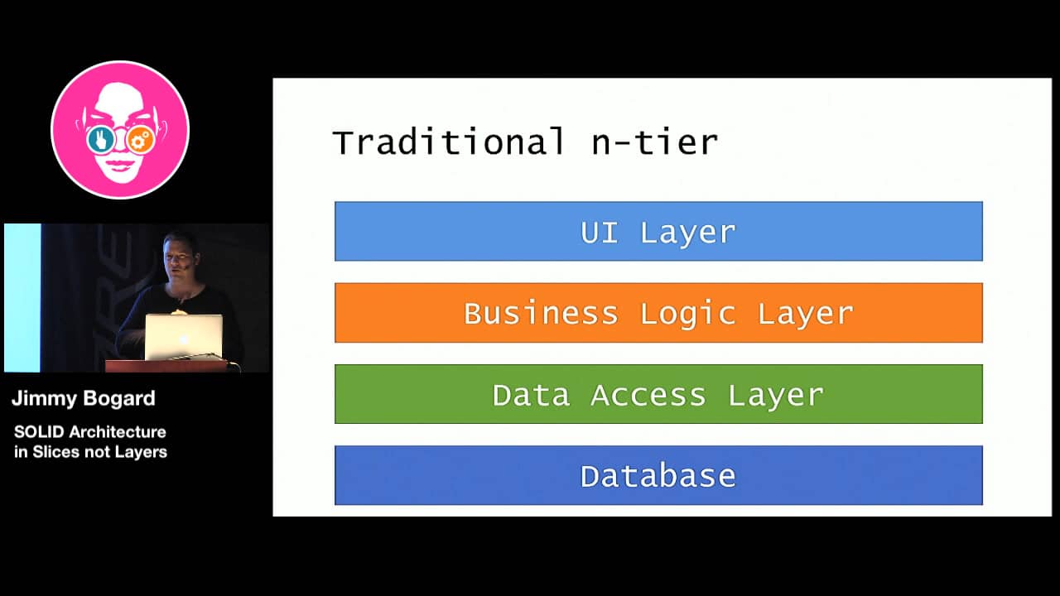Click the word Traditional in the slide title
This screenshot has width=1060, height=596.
[448, 142]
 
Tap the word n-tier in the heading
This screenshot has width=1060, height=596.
[654, 142]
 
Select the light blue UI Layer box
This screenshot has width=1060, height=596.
[658, 232]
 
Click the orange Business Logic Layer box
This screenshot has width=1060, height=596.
[658, 313]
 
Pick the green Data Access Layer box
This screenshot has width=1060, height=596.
[658, 394]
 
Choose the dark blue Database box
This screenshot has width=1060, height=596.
[658, 475]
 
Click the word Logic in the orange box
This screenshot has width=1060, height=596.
[687, 314]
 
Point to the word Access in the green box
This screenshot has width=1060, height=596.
[648, 395]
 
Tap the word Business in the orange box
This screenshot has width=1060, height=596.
[541, 314]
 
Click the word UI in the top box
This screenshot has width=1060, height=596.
[600, 233]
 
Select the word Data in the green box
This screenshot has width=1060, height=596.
[531, 395]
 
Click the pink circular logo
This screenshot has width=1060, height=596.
[120, 130]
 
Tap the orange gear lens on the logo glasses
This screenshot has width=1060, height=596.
[141, 140]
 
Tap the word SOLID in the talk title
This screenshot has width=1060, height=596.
[40, 432]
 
